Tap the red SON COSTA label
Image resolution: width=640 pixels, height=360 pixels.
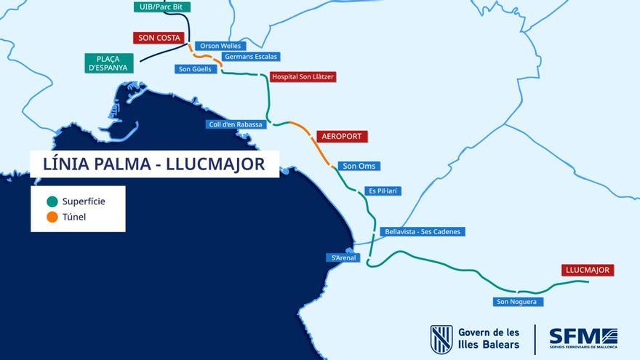[159, 38]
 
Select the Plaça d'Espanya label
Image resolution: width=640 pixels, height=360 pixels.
[108, 63]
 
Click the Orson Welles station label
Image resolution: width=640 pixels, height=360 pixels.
[220, 46]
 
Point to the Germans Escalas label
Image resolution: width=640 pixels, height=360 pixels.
[252, 57]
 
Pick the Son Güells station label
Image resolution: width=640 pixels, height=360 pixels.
[195, 69]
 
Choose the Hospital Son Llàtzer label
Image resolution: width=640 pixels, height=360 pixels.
[303, 76]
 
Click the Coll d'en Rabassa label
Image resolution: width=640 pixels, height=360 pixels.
[237, 124]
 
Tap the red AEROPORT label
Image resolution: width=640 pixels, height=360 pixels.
[342, 137]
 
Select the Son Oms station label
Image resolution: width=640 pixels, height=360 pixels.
[359, 166]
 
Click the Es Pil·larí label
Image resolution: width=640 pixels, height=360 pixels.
[383, 191]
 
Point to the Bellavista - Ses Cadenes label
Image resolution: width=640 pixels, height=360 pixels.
[422, 231]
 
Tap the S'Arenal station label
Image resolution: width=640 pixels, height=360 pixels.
[343, 257]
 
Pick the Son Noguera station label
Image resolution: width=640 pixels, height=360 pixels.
[518, 301]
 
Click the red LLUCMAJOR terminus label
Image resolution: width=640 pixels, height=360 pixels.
[588, 270]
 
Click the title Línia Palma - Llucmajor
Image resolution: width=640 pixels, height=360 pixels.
[154, 164]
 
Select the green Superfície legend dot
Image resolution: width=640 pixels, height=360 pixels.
[52, 201]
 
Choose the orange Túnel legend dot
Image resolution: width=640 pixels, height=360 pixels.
[52, 217]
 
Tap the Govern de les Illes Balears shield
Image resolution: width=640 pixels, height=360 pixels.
[441, 340]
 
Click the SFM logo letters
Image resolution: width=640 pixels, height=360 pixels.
[575, 336]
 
